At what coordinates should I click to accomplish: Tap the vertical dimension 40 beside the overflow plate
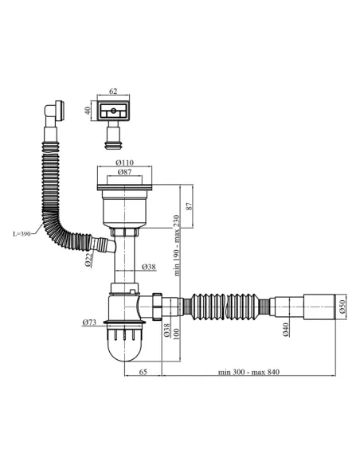[88, 111]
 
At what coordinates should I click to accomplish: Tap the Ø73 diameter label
[88, 322]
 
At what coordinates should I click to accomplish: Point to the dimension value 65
[143, 373]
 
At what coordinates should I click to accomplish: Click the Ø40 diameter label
[284, 327]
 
